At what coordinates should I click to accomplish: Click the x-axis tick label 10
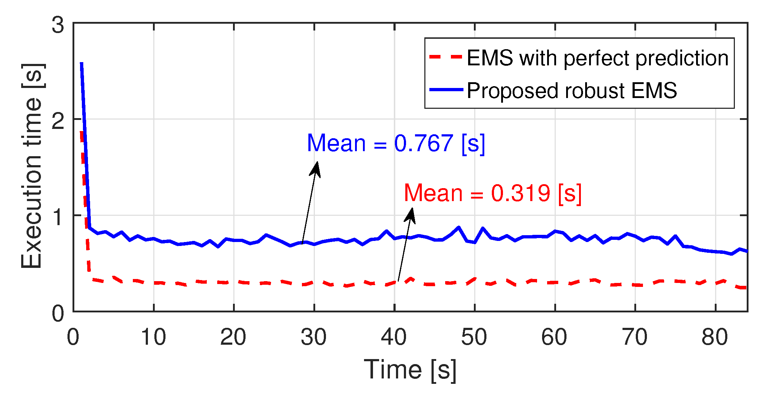click(153, 337)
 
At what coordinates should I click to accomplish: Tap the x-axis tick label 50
click(474, 337)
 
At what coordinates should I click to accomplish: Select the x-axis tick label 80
click(715, 337)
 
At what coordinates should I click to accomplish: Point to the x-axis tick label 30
click(314, 337)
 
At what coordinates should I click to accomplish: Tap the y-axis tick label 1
click(58, 217)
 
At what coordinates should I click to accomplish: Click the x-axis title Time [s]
click(410, 370)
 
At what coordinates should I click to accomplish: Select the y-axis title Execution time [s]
click(32, 166)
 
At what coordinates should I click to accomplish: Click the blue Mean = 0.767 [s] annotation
click(396, 144)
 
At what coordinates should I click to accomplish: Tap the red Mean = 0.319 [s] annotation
click(493, 194)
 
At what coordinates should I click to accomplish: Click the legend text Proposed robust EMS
click(572, 90)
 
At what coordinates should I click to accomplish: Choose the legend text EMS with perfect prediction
click(598, 58)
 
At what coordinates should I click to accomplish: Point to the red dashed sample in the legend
click(446, 57)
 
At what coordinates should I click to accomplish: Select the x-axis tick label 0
click(73, 337)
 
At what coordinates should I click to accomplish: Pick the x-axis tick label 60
click(554, 337)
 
